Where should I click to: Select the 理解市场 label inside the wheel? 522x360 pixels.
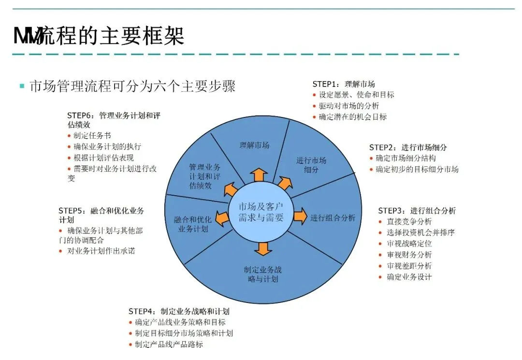pos(254,144)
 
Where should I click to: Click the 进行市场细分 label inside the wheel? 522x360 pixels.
pos(311,165)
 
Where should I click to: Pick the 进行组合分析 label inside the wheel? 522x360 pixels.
pos(333,217)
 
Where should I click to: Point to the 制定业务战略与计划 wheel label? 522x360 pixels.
pos(262,274)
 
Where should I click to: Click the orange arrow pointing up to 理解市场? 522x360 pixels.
pos(260,174)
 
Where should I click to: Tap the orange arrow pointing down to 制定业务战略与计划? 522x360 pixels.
pos(263,248)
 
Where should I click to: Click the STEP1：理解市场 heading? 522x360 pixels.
pos(344,84)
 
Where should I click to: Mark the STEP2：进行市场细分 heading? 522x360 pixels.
pos(408,147)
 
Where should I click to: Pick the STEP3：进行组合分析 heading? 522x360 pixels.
pos(417,211)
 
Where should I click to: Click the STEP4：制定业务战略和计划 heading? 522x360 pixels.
pos(179,311)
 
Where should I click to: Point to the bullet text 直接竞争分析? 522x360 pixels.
pos(409,222)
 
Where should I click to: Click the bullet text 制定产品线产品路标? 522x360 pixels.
pos(169,345)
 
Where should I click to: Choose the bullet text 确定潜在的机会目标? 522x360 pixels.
pos(353,117)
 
